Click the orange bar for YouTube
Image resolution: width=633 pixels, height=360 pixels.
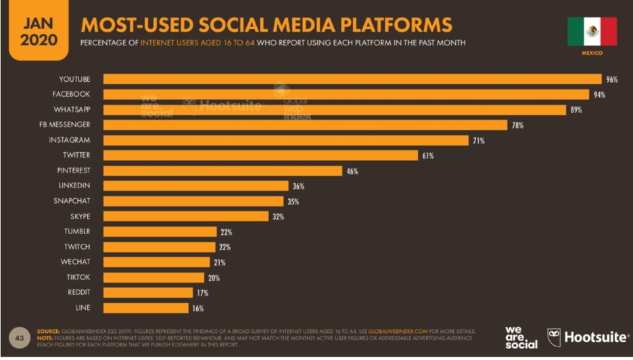coord(352,79)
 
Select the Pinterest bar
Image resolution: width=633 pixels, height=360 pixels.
coord(222,171)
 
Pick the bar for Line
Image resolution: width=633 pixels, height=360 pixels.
coord(145,308)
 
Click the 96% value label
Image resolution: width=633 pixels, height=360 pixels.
coord(611,79)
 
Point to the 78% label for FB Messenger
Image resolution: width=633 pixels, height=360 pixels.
coord(517,125)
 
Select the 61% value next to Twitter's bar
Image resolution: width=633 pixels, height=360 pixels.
coord(427,156)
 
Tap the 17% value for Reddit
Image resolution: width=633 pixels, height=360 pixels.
coord(202,293)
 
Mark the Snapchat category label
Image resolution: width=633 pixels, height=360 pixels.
coord(72,201)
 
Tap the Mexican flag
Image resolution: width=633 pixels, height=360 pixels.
coord(592,31)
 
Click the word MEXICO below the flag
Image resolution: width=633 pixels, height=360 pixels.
coord(592,52)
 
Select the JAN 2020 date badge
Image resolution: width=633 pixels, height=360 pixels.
coord(39,31)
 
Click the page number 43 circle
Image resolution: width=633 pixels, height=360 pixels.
coord(18,336)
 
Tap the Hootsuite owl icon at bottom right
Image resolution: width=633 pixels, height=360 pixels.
coord(553,336)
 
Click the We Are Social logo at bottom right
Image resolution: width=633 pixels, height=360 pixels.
coord(521,337)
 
